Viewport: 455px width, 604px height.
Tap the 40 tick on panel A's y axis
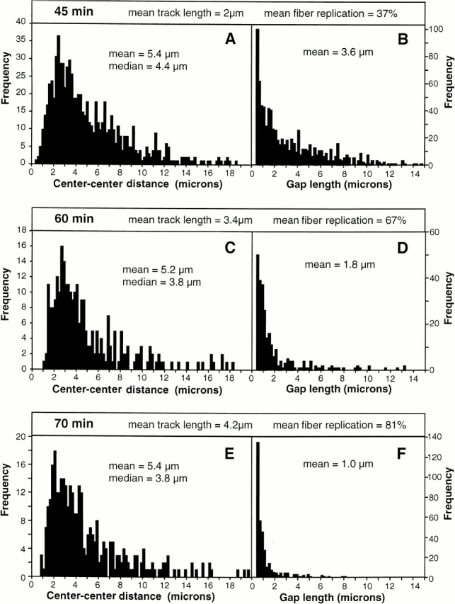(21, 23)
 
